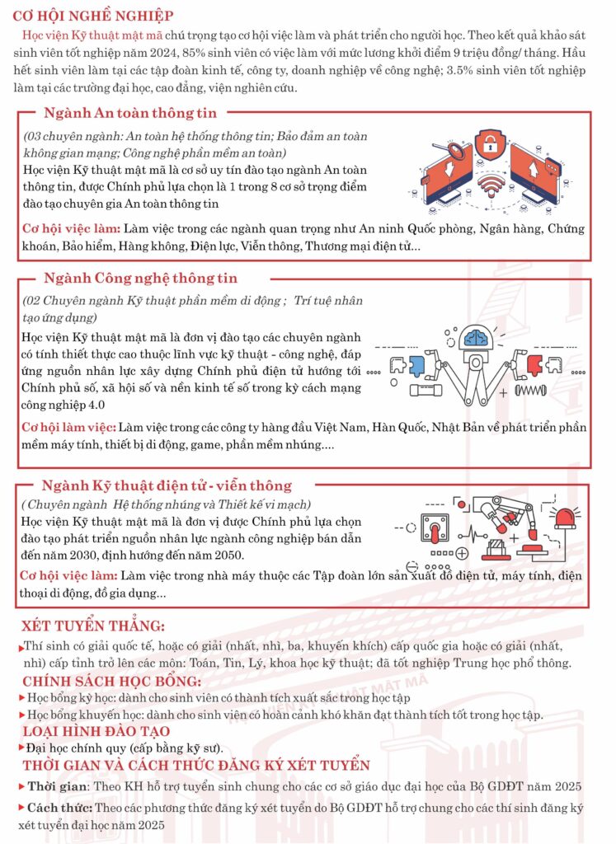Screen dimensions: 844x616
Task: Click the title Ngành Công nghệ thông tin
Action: pos(140,279)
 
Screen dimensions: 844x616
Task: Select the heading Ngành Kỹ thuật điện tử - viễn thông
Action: pos(167,485)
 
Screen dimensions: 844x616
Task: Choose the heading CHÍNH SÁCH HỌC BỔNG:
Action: pos(111,681)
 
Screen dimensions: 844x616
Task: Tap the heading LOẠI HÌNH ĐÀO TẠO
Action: pos(96,731)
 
